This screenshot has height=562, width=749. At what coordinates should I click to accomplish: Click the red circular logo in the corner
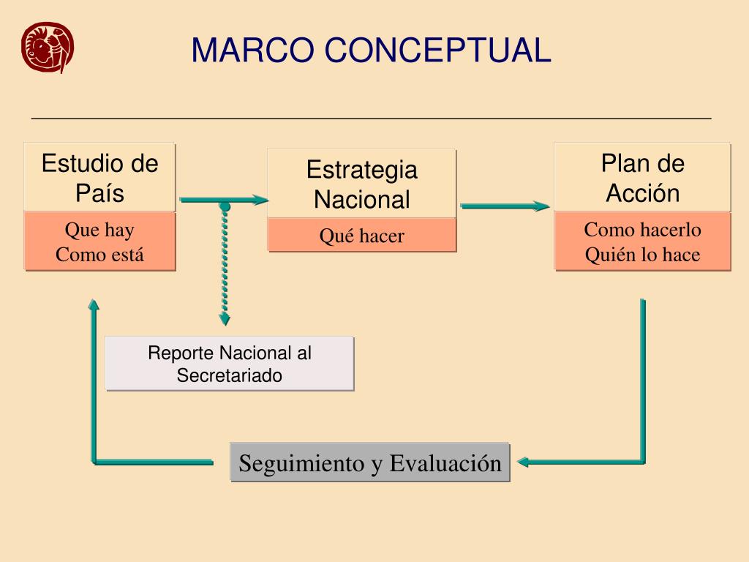tap(48, 47)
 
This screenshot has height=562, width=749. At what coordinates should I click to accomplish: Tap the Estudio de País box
tap(99, 177)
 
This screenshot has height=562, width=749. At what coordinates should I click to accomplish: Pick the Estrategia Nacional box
tap(361, 184)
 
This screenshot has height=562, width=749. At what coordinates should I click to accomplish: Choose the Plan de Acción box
tap(642, 177)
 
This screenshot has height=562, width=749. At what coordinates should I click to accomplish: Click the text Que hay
tap(99, 231)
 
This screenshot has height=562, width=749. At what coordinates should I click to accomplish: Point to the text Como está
tap(99, 255)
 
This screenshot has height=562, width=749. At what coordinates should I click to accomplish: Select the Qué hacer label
tap(361, 236)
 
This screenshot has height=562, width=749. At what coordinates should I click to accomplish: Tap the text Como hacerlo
tap(642, 230)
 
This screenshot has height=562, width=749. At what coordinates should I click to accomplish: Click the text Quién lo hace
tap(642, 255)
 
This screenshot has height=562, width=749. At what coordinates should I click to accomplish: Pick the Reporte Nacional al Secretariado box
tap(230, 364)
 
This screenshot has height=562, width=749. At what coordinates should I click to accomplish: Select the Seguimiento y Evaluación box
tap(370, 462)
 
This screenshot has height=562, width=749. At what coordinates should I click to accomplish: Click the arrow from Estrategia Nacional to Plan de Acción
tap(505, 206)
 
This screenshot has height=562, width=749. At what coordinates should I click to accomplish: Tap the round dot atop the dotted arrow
tap(225, 207)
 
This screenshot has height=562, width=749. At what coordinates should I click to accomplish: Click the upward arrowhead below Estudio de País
tap(93, 304)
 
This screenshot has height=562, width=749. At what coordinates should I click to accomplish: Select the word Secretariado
tap(230, 375)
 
